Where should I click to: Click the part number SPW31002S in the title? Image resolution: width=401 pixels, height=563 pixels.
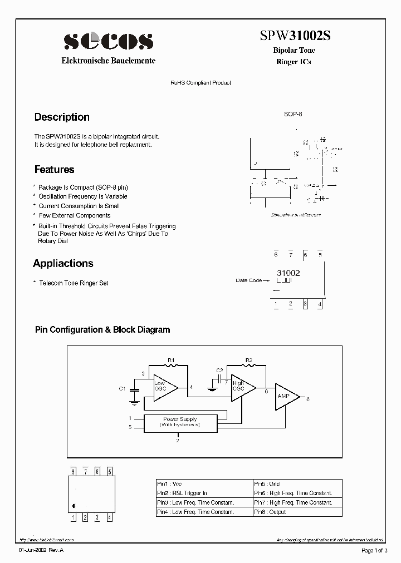point(295,36)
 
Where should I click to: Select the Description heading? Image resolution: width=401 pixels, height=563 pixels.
point(62,117)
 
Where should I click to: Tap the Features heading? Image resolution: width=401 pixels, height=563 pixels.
point(54,170)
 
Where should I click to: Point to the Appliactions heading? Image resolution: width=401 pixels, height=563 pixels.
point(63,263)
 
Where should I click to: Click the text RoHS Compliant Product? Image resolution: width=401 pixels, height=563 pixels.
point(200,82)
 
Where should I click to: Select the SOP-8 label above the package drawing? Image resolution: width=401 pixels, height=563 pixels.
point(293,114)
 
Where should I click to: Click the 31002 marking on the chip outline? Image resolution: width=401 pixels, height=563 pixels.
point(288,273)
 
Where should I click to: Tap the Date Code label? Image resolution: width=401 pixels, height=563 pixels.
point(248,280)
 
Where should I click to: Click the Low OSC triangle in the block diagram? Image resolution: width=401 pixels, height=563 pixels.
point(164,387)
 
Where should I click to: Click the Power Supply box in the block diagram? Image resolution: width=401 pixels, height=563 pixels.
point(180,422)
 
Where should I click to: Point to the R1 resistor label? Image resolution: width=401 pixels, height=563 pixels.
point(171,359)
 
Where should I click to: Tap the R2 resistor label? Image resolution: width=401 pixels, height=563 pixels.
point(249,359)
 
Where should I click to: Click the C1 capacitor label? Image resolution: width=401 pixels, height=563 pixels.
point(123,388)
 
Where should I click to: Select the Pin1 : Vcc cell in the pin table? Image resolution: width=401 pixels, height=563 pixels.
point(204,484)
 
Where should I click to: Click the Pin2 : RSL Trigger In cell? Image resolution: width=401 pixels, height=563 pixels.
point(204,493)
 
